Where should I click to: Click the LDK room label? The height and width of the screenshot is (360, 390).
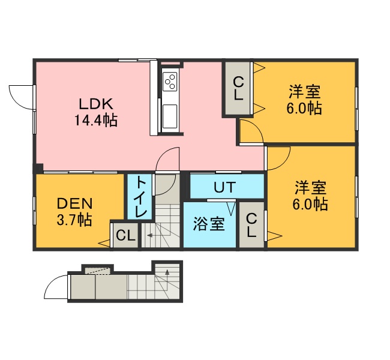pyautogui.click(x=96, y=104)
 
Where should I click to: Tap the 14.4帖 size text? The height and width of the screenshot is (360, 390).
pyautogui.click(x=96, y=121)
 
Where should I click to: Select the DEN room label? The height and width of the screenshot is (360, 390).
pyautogui.click(x=74, y=204)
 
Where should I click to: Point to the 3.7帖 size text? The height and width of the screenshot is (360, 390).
pyautogui.click(x=74, y=220)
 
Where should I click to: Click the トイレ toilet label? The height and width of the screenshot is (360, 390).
pyautogui.click(x=140, y=197)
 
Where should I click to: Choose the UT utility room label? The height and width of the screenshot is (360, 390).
pyautogui.click(x=225, y=187)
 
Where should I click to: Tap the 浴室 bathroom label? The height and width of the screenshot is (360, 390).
pyautogui.click(x=209, y=224)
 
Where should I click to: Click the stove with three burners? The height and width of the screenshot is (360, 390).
pyautogui.click(x=170, y=82)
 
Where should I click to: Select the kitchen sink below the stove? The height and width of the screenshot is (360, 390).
pyautogui.click(x=170, y=116)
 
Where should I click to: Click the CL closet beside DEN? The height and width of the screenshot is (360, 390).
pyautogui.click(x=125, y=235)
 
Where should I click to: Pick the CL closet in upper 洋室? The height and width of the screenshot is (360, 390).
pyautogui.click(x=239, y=88)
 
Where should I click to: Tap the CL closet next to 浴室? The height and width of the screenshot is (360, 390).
pyautogui.click(x=251, y=225)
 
